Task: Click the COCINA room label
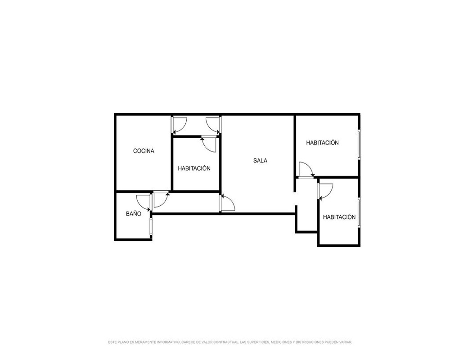coord(144,151)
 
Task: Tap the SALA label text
coord(260,161)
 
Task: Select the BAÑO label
coord(134,213)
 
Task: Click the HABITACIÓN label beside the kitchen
coord(194,168)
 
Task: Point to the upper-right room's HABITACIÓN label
coord(322,142)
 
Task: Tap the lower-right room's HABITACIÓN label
coord(339,217)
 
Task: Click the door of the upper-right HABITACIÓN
coord(306,170)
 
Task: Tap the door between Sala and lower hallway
coord(227,203)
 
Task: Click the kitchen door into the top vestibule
coord(180,126)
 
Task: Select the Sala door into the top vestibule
coord(213,126)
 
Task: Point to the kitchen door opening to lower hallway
coord(161,199)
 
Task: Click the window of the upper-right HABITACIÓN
coord(359,144)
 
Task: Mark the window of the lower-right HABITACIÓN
coord(359,212)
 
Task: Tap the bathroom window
coord(151,227)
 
